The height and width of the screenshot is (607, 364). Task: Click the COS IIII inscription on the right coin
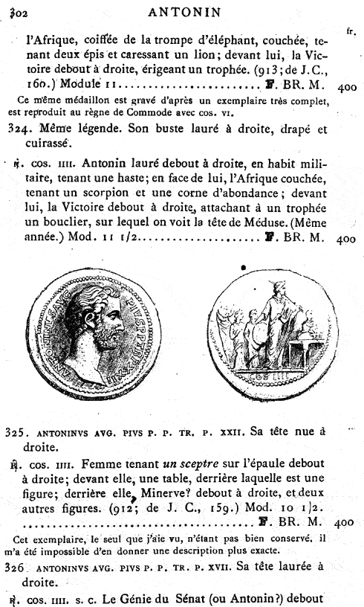(x=266, y=377)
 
